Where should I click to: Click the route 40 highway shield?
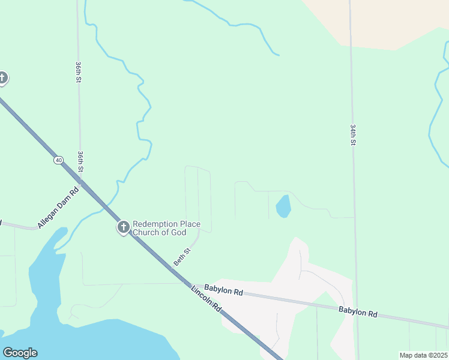click(58, 160)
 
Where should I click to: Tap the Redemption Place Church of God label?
click(166, 227)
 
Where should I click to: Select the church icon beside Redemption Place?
click(124, 227)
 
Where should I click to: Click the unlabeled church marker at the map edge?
click(2, 77)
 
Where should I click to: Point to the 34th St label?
click(353, 134)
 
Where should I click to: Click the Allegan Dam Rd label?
click(58, 208)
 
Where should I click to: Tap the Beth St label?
click(182, 258)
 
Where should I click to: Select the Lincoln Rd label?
click(206, 298)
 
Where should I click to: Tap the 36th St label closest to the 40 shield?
click(80, 161)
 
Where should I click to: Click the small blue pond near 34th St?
click(283, 206)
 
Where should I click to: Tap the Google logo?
click(20, 353)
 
